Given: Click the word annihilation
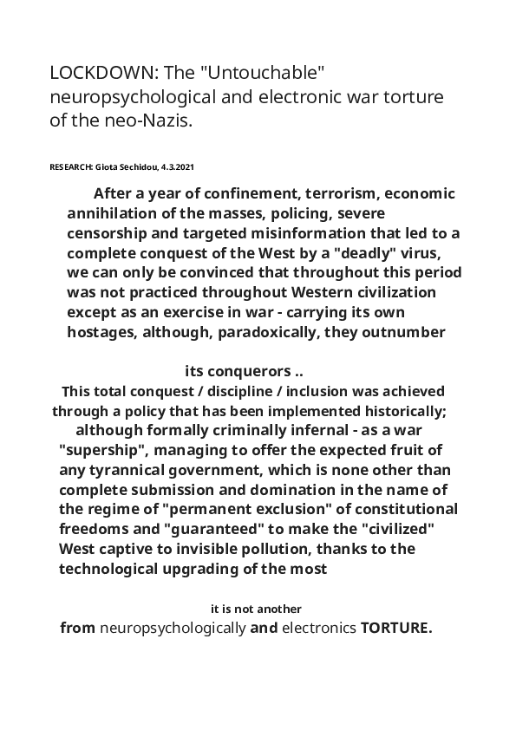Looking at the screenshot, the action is pos(114,213).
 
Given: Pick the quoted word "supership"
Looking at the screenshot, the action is pos(104,449).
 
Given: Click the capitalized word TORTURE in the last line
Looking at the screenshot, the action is pos(395,628).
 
